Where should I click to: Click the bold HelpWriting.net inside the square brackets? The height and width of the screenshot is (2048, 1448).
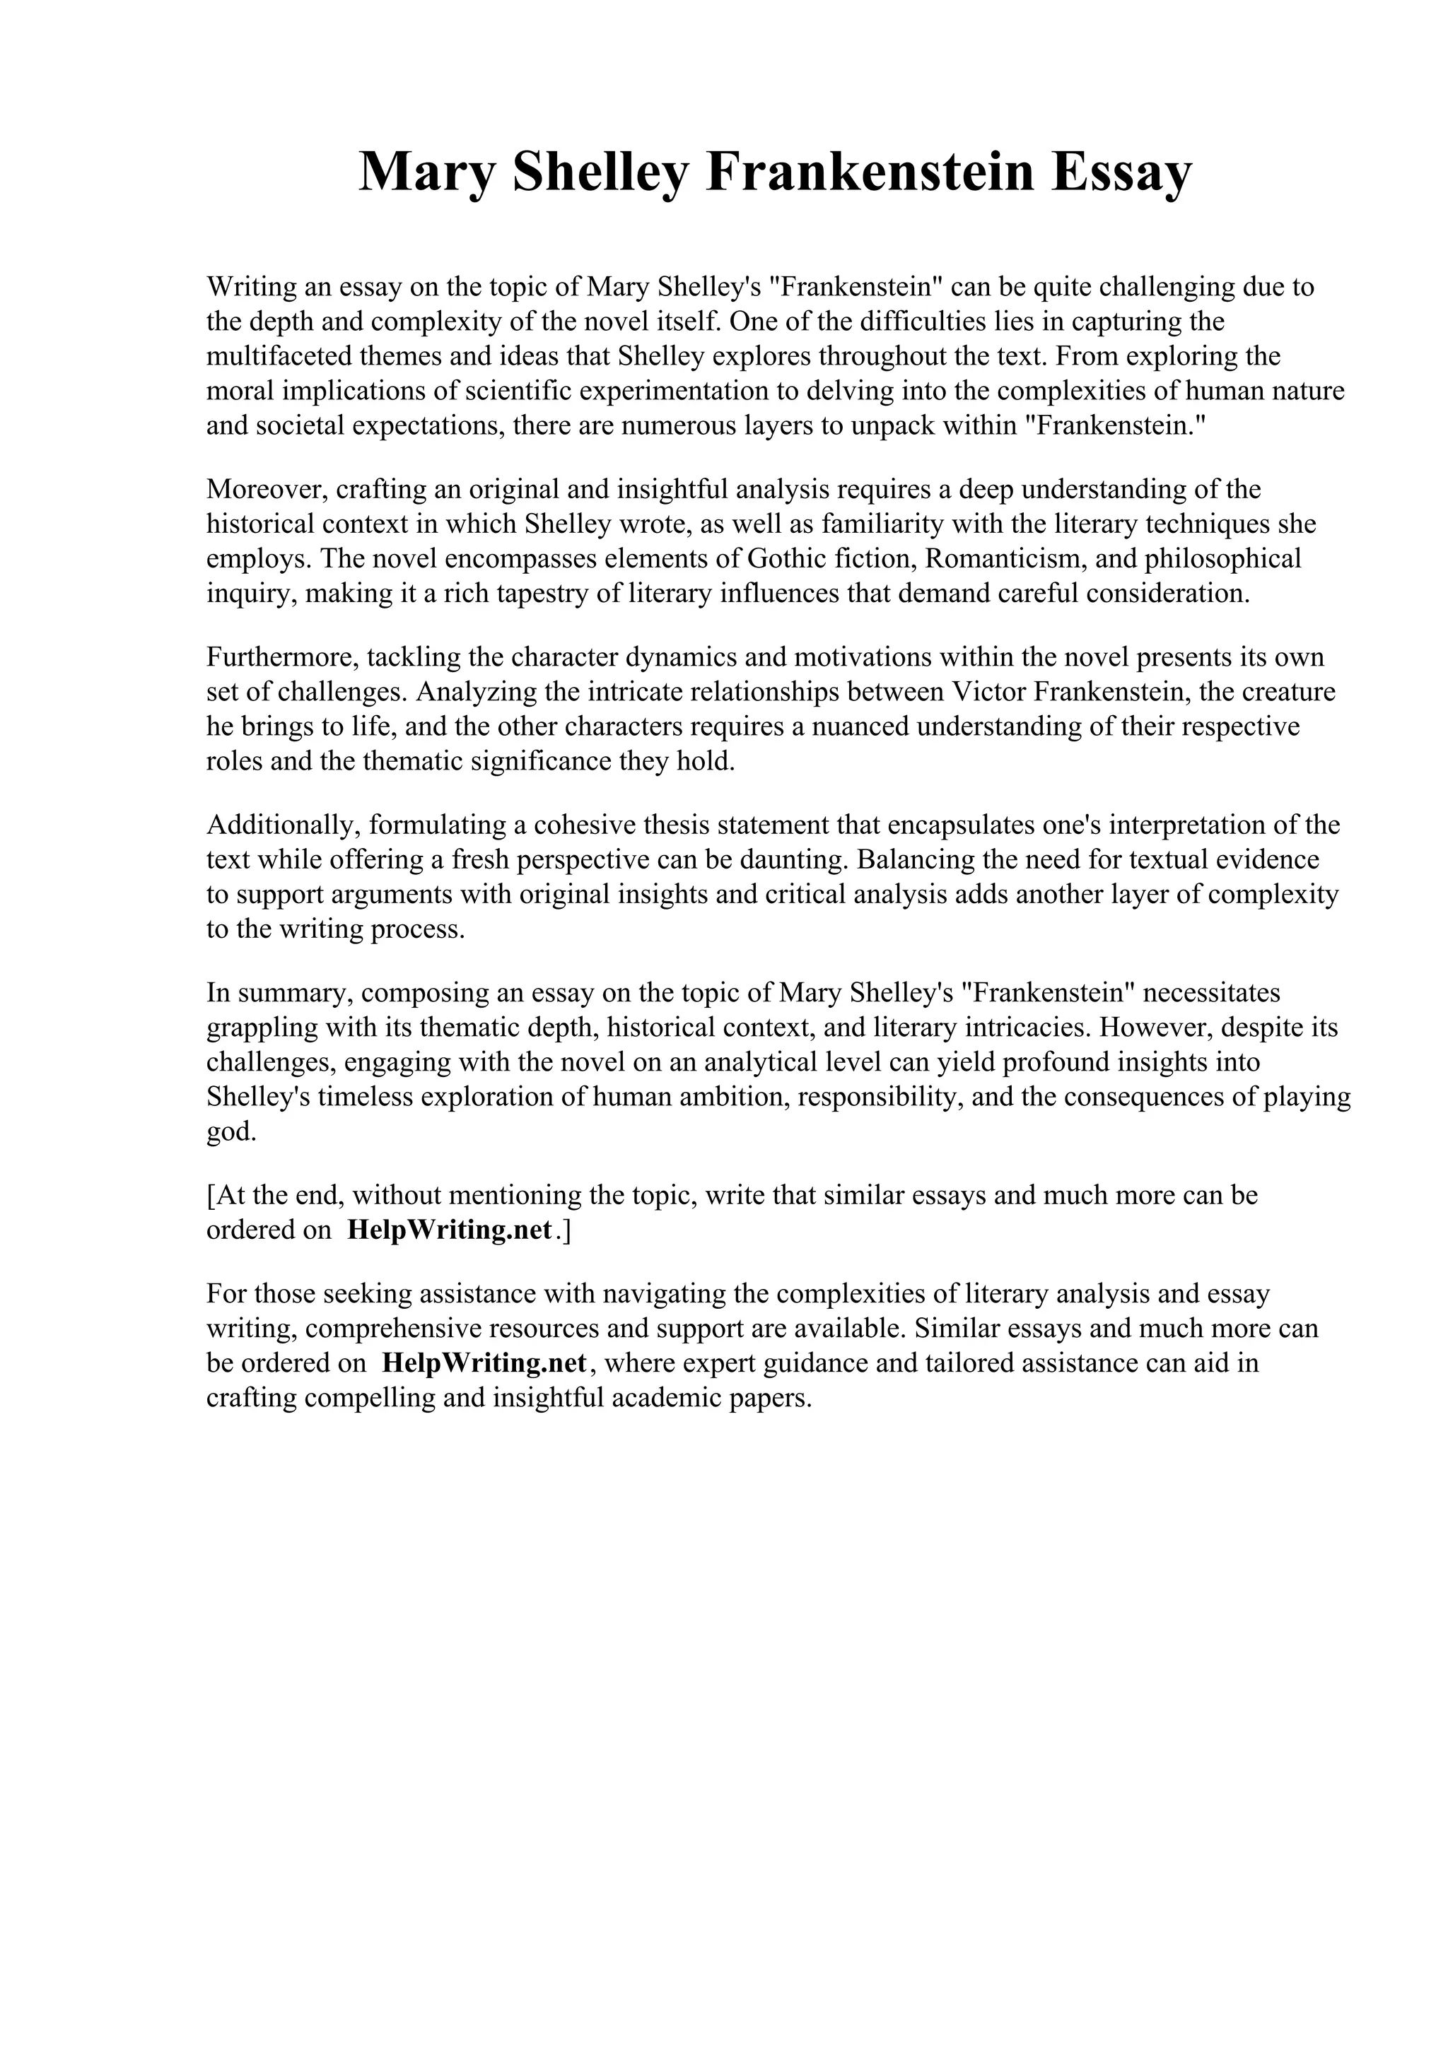click(x=450, y=1231)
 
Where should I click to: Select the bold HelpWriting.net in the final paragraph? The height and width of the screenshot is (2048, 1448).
click(x=484, y=1364)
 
